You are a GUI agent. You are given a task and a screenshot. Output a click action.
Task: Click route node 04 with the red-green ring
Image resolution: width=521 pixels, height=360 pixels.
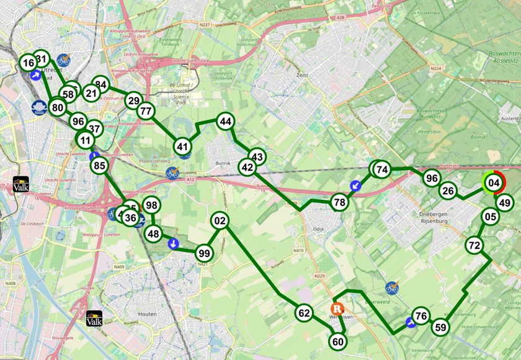[x=494, y=183]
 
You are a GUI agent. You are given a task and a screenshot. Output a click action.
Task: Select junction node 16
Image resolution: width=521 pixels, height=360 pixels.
[x=28, y=63]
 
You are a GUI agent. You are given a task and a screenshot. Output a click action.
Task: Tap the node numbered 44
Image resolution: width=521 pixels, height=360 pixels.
[x=225, y=122]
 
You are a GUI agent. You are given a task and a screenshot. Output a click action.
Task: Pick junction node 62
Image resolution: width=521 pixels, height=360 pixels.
[x=304, y=313]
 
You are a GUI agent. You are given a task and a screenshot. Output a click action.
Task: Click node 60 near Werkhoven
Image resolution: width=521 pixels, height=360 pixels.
[x=338, y=341]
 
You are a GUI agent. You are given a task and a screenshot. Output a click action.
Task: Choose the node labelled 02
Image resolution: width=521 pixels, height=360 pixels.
[x=220, y=220]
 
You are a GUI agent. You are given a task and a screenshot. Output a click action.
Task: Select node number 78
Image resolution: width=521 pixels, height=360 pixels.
[x=339, y=202]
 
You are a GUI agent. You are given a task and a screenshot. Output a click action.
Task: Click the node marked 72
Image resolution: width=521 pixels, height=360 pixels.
[x=474, y=246]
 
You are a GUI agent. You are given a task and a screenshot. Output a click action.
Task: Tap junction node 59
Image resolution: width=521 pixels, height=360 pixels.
[x=440, y=327]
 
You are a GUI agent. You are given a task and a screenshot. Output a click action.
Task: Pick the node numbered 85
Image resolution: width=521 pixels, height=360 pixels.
[x=99, y=166]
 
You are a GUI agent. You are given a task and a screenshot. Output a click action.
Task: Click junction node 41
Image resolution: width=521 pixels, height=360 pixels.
[x=182, y=146]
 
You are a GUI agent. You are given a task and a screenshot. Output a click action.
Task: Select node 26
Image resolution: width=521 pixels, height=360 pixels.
[x=448, y=191]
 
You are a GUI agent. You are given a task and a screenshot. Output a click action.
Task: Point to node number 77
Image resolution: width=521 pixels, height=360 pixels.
[x=146, y=112]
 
